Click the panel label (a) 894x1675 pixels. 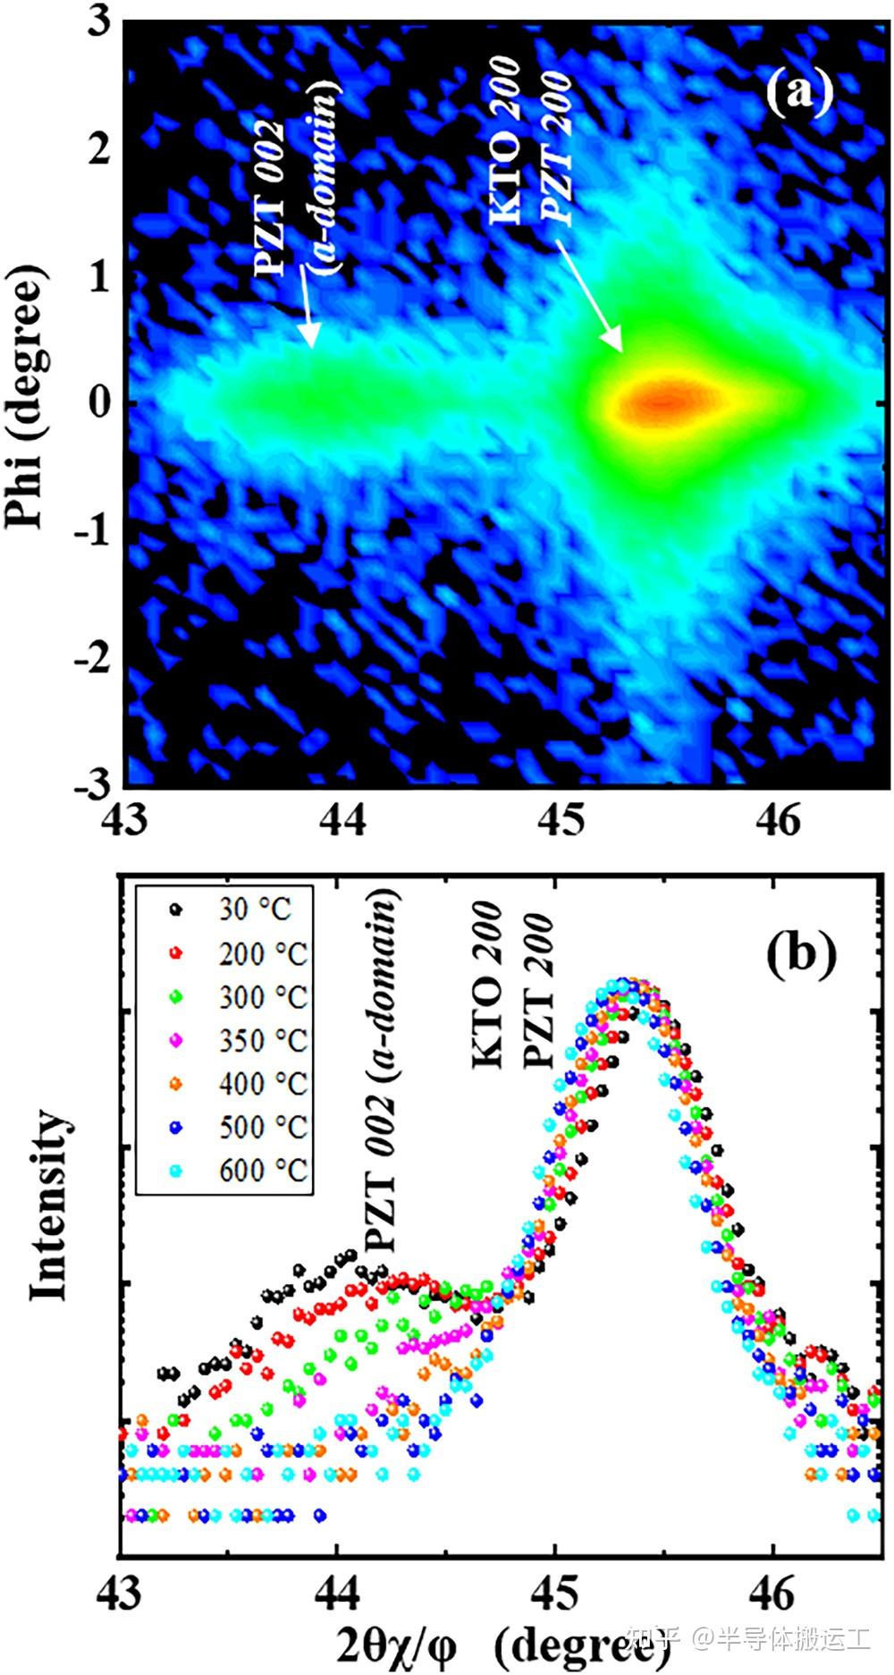pyautogui.click(x=798, y=91)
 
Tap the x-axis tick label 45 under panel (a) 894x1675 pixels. pyautogui.click(x=562, y=818)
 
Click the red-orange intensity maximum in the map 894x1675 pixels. pyautogui.click(x=662, y=400)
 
